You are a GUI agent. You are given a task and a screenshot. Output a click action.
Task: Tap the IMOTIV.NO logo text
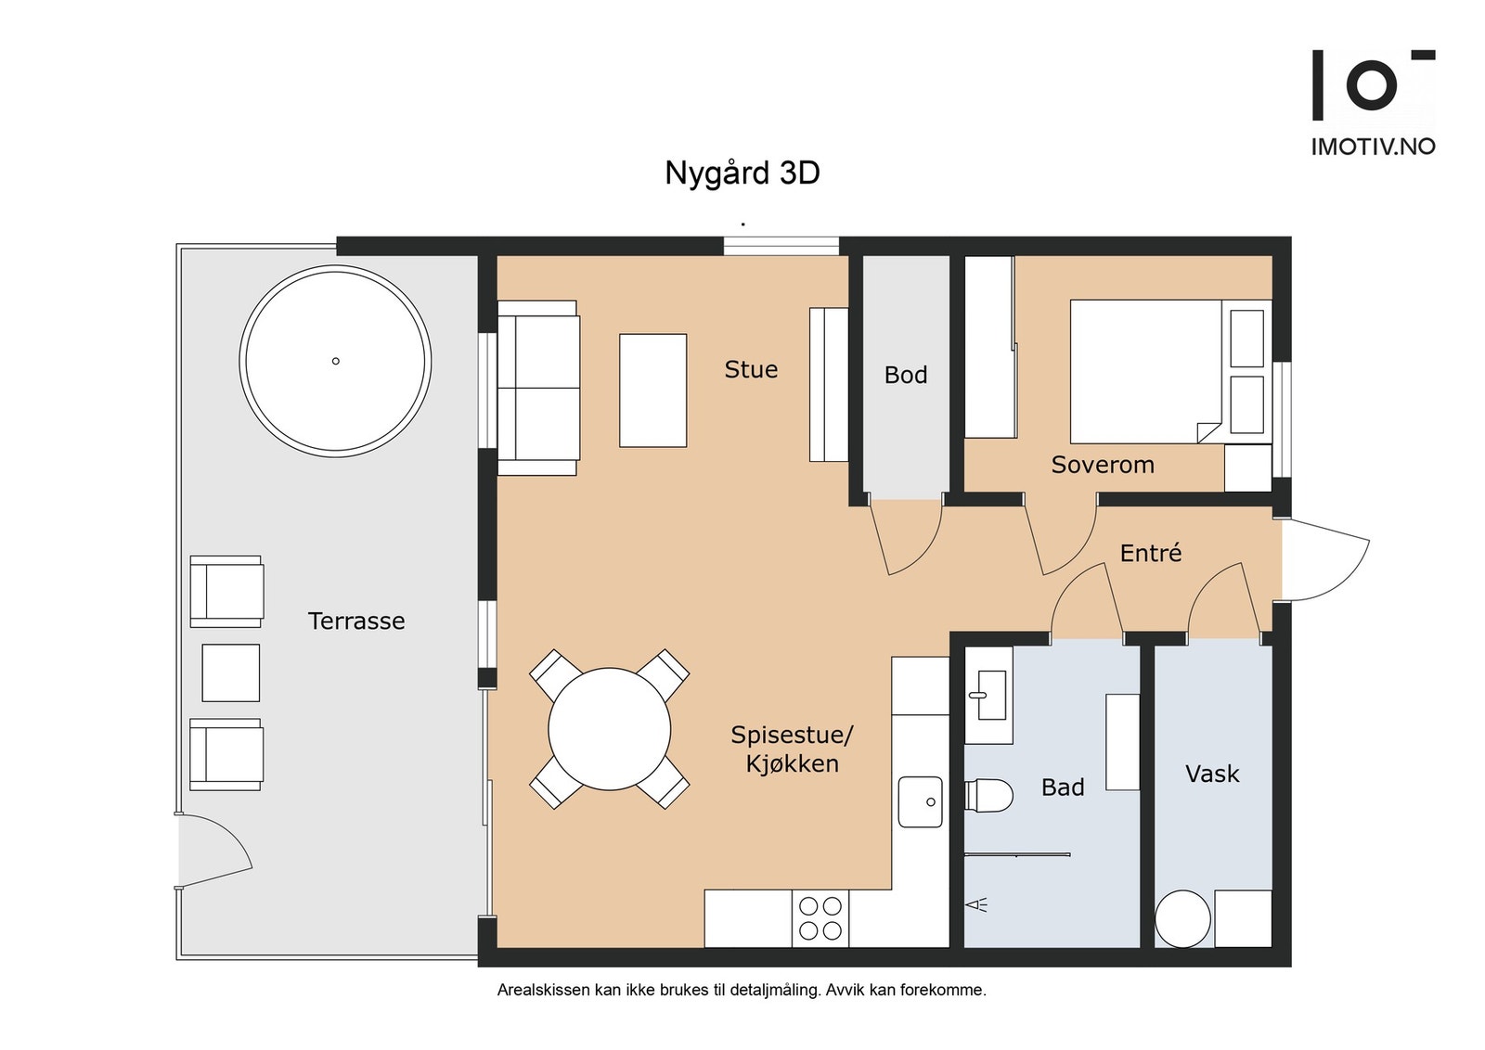click(1374, 147)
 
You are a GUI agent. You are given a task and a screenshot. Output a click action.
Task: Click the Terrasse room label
click(356, 621)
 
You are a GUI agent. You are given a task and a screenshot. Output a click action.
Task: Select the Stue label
click(751, 369)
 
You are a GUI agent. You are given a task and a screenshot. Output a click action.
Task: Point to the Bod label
click(905, 375)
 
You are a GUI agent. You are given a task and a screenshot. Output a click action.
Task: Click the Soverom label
click(1103, 465)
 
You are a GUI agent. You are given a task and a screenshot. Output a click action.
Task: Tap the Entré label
click(1150, 552)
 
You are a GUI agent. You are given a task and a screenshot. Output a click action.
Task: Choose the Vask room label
click(1212, 773)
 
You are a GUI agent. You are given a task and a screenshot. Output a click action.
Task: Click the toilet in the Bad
click(988, 794)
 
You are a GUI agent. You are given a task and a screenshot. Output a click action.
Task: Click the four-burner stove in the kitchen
click(820, 918)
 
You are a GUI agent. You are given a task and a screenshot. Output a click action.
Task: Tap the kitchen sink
click(920, 801)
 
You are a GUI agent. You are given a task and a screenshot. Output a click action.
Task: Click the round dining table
click(609, 729)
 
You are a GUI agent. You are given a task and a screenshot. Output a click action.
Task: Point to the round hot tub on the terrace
click(335, 361)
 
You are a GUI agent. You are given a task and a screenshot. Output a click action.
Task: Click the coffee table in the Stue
click(653, 391)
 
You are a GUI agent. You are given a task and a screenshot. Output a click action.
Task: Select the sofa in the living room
click(538, 388)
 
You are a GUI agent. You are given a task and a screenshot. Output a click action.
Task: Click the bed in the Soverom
click(1170, 372)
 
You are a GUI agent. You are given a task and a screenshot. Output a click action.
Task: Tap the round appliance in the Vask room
click(1182, 919)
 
